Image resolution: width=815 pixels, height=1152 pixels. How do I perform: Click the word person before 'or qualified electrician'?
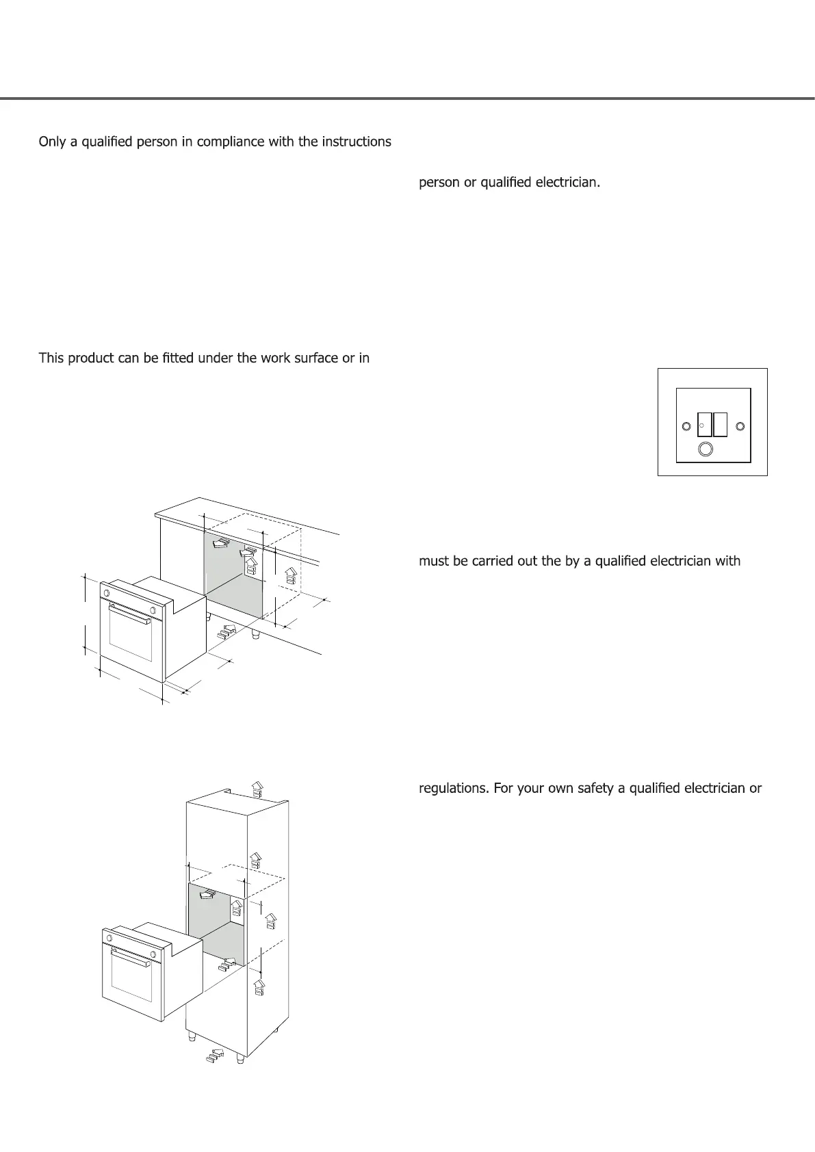[439, 183]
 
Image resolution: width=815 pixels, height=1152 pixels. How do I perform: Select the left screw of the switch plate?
[686, 427]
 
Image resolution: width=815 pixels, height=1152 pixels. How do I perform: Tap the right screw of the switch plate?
[740, 426]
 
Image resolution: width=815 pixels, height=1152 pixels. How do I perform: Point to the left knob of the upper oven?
[107, 592]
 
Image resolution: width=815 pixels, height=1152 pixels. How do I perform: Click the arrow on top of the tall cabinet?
[257, 789]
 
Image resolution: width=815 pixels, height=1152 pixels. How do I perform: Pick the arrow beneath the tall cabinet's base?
[214, 1056]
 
